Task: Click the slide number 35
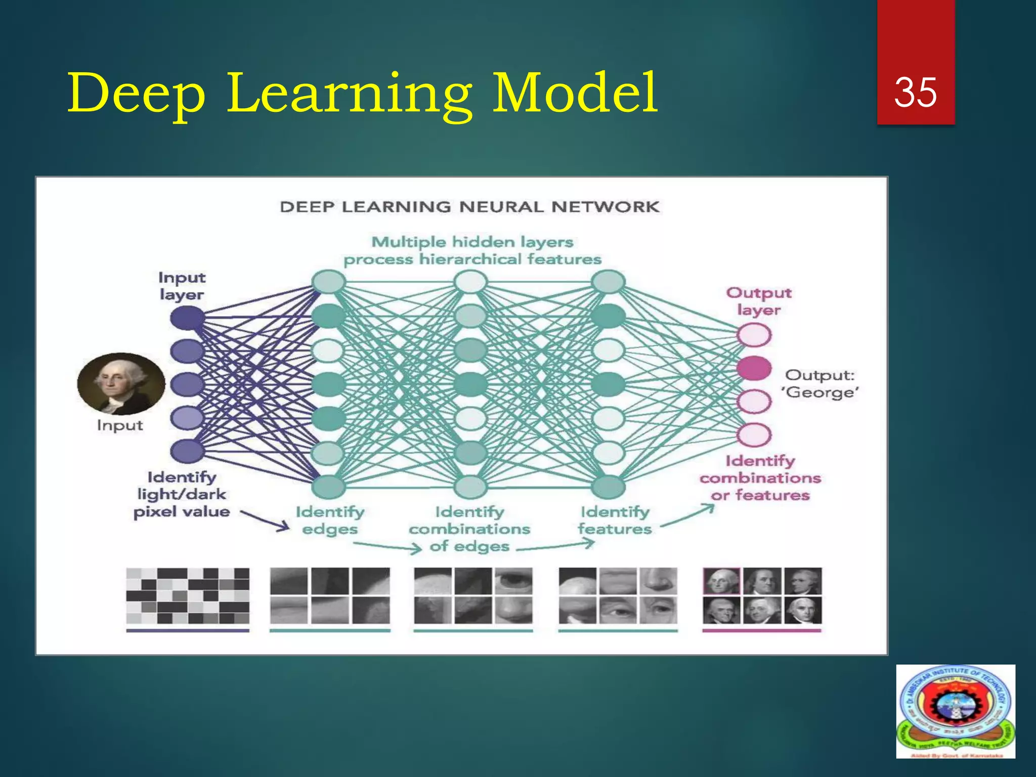915,92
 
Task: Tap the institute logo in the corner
955,711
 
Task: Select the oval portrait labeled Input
121,383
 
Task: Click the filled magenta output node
754,368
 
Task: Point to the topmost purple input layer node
187,318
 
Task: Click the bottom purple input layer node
187,450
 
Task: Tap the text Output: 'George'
821,383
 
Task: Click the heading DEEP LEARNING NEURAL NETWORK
469,206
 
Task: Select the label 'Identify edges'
330,520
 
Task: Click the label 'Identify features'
615,520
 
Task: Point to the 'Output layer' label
758,301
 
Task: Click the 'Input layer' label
182,286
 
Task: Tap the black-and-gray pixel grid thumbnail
188,595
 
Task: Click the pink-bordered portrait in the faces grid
721,581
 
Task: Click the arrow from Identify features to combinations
688,516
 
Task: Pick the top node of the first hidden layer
328,282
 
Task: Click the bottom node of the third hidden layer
608,487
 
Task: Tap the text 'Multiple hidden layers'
472,242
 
